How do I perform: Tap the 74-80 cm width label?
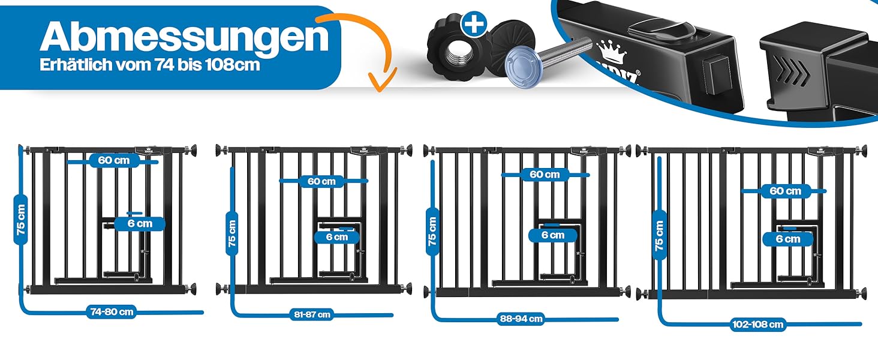click(x=111, y=311)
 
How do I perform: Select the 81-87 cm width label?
click(x=312, y=314)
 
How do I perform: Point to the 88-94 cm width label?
click(x=521, y=319)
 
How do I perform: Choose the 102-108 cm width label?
click(x=758, y=325)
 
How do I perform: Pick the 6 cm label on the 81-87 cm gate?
click(x=337, y=236)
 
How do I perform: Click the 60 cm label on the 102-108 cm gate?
click(x=785, y=191)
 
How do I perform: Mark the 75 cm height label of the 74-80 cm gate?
click(x=21, y=219)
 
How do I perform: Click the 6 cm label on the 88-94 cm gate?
click(x=552, y=235)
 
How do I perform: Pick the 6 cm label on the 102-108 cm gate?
click(x=787, y=239)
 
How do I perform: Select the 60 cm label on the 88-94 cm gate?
click(x=545, y=175)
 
